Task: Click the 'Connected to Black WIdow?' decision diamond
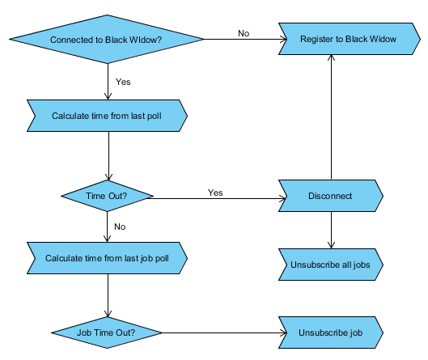pyautogui.click(x=107, y=40)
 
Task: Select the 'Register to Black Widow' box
pyautogui.click(x=350, y=39)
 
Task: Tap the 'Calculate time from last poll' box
pyautogui.click(x=107, y=116)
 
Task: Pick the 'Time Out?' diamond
pyautogui.click(x=107, y=196)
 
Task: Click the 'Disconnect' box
pyautogui.click(x=331, y=196)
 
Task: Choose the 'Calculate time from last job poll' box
pyautogui.click(x=107, y=258)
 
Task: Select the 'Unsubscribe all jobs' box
pyautogui.click(x=331, y=265)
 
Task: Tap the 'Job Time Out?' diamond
pyautogui.click(x=107, y=332)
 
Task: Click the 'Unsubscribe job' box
pyautogui.click(x=331, y=332)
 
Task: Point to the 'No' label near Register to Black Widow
pyautogui.click(x=244, y=33)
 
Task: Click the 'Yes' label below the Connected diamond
pyautogui.click(x=123, y=82)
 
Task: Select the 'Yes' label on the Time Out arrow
pyautogui.click(x=215, y=193)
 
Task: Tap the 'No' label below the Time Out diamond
pyautogui.click(x=120, y=227)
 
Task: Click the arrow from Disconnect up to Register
pyautogui.click(x=331, y=117)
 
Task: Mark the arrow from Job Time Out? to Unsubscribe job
pyautogui.click(x=224, y=332)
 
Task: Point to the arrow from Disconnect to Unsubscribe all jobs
pyautogui.click(x=331, y=230)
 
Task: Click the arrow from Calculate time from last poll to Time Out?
pyautogui.click(x=108, y=156)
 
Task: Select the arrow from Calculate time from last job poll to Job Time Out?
pyautogui.click(x=108, y=295)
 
